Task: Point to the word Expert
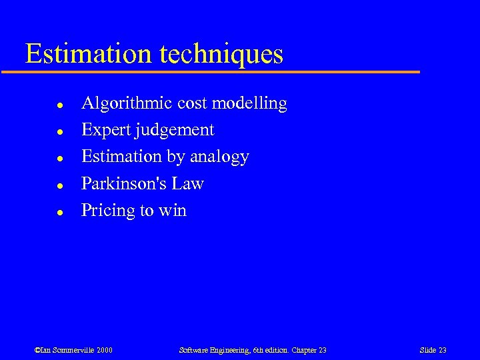[x=105, y=131]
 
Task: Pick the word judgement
[x=174, y=131]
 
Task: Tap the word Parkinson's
[x=124, y=183]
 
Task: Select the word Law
[x=187, y=183]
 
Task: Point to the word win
[x=173, y=211]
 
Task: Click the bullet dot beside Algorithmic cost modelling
[x=59, y=105]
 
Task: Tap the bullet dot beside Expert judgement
[x=59, y=132]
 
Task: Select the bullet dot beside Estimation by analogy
[x=59, y=159]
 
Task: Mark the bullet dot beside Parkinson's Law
[x=59, y=185]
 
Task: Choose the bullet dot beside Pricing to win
[x=59, y=212]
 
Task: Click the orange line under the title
[x=220, y=71]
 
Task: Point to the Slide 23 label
[x=433, y=350]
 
